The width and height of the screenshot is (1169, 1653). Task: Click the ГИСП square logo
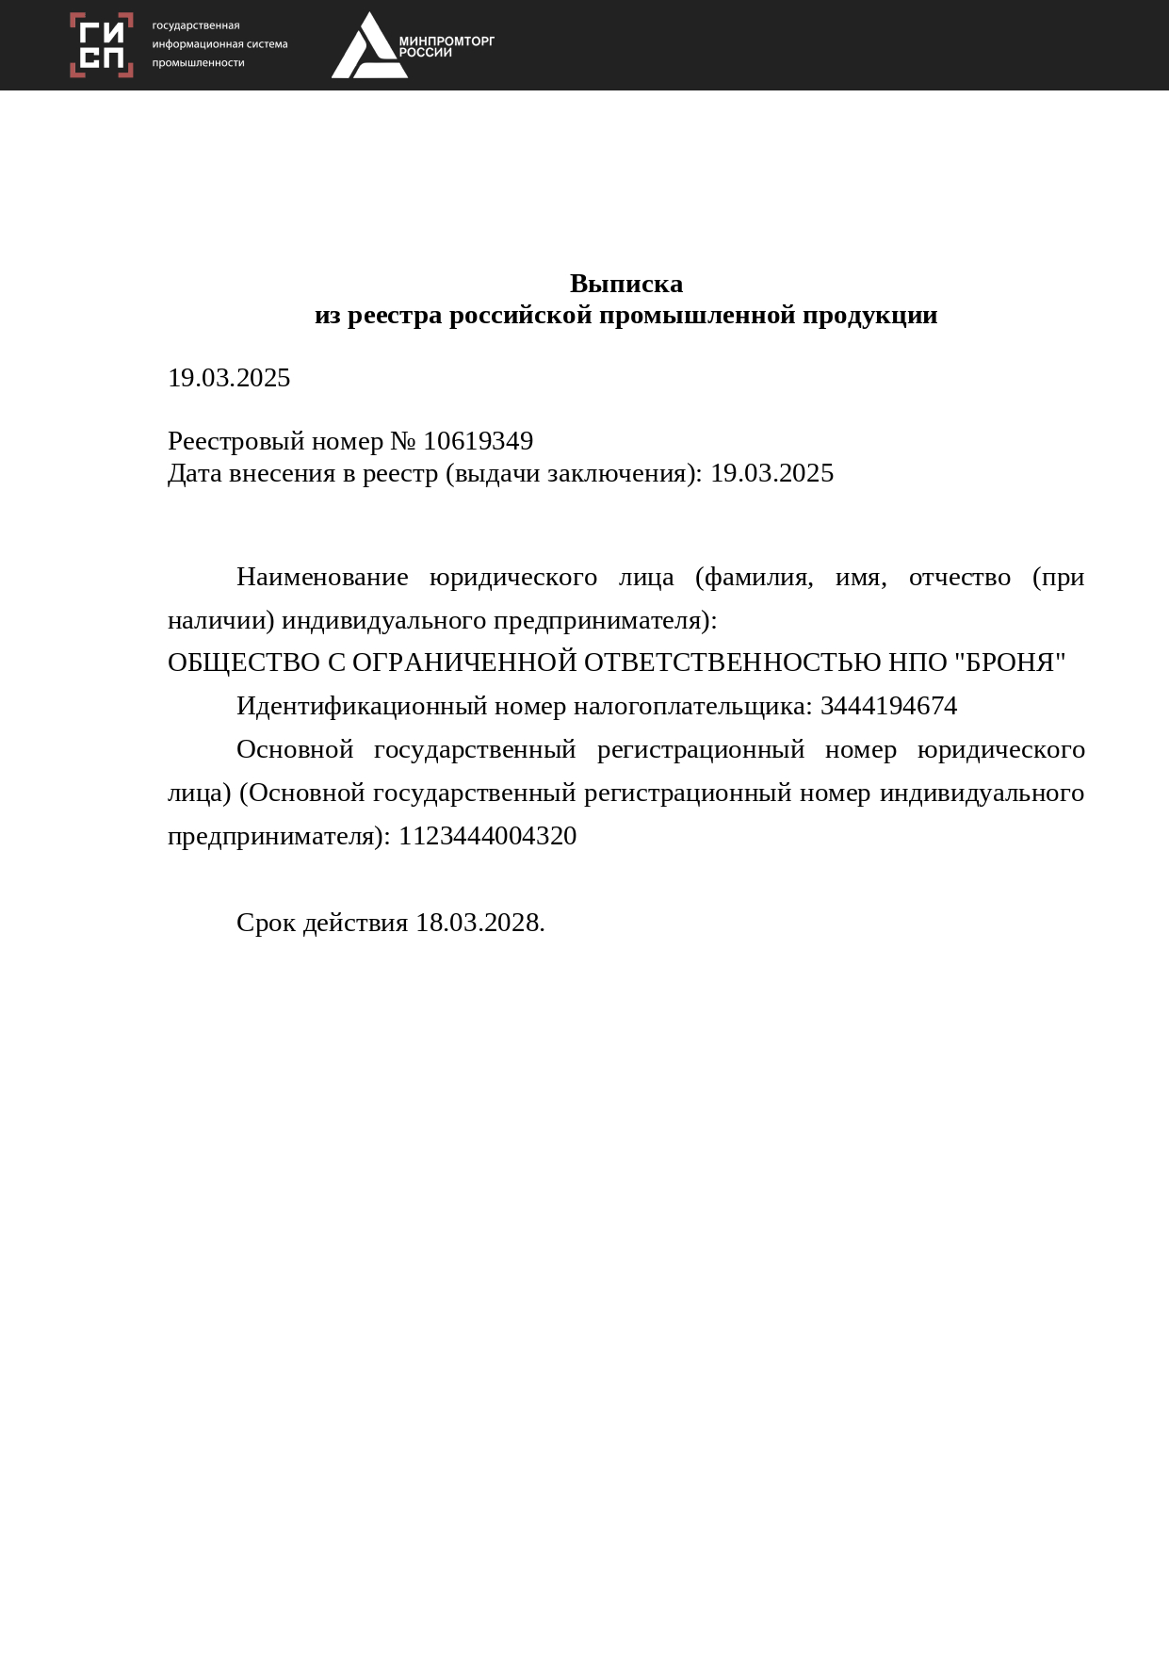pos(102,45)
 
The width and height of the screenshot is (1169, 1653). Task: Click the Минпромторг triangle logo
pos(368,47)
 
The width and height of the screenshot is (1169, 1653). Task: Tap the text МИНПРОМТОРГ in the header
pos(446,41)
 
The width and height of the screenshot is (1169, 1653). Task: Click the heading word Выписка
pos(626,284)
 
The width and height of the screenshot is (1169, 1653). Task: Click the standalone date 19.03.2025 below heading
pos(229,378)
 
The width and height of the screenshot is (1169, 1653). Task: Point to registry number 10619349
pos(479,441)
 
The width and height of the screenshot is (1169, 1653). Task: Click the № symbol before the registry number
pos(403,441)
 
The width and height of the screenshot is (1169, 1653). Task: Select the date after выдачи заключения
pos(771,473)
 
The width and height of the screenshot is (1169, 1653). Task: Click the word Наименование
pos(322,577)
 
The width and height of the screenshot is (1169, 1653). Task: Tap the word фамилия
pos(757,577)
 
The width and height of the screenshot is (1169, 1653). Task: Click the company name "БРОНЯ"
pos(1010,663)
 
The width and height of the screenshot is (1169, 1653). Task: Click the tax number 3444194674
pos(888,706)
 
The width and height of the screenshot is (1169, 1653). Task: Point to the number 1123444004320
pos(487,836)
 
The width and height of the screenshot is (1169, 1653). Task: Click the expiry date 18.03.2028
pos(479,923)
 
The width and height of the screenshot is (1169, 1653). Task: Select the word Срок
pos(266,923)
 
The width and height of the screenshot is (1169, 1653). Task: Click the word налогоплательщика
pos(692,706)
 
